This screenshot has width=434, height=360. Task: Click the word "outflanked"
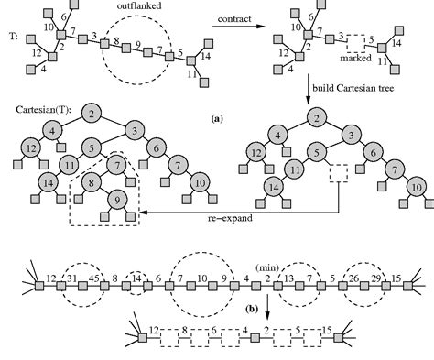tap(144, 8)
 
